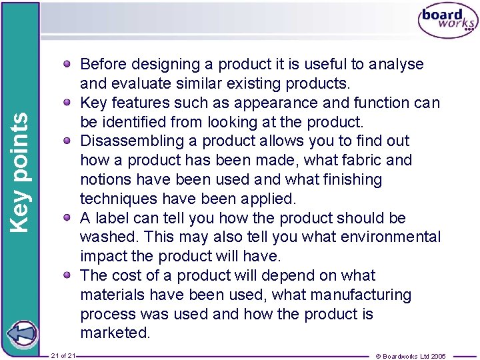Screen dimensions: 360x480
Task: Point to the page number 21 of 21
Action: (63, 356)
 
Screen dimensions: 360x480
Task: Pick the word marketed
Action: (115, 333)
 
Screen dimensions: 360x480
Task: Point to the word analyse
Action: (396, 65)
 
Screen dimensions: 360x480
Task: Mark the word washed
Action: (108, 237)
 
